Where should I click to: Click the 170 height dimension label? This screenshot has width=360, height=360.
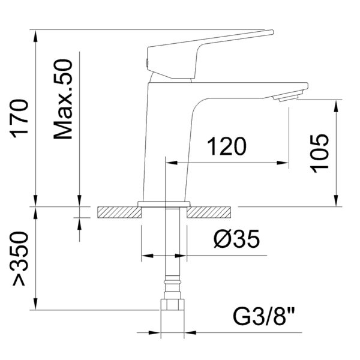pyautogui.click(x=19, y=118)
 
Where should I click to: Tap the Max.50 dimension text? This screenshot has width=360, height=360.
pyautogui.click(x=63, y=99)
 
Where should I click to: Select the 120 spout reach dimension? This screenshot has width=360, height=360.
pyautogui.click(x=227, y=146)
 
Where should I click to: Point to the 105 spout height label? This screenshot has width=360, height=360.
pyautogui.click(x=319, y=154)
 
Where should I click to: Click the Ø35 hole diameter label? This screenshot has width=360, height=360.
pyautogui.click(x=237, y=239)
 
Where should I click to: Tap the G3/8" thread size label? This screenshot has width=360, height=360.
pyautogui.click(x=263, y=317)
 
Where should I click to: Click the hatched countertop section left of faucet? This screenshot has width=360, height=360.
pyautogui.click(x=119, y=212)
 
